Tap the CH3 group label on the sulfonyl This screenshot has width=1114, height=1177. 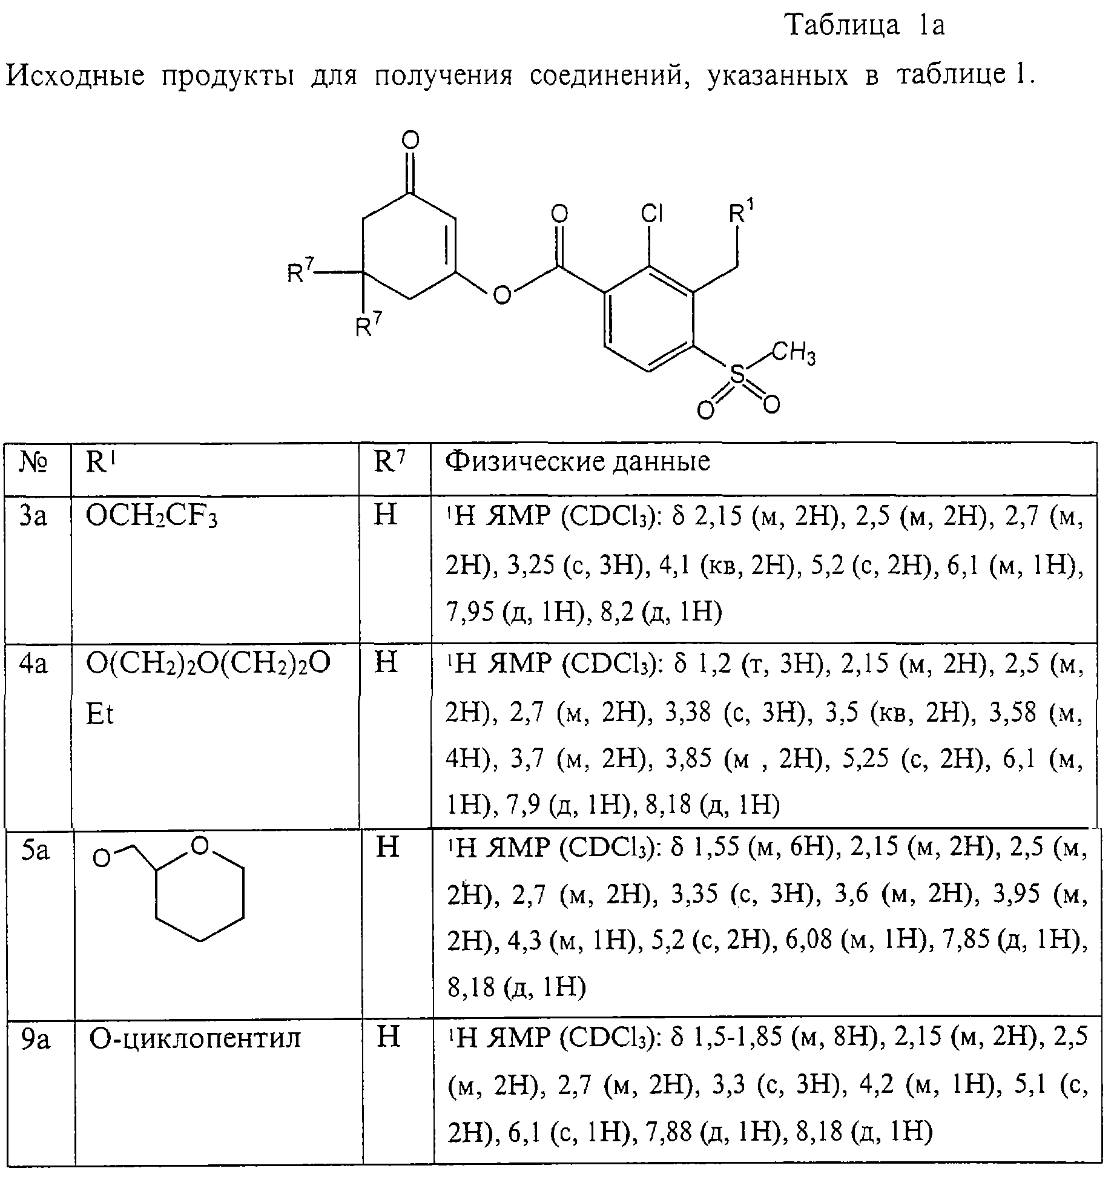tap(794, 354)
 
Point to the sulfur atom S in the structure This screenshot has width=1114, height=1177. tap(737, 375)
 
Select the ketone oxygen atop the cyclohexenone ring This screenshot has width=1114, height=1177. tap(410, 141)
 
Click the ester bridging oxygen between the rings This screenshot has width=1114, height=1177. tap(502, 295)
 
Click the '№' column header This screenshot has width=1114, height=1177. tap(35, 463)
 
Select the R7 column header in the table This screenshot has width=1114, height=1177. tap(390, 462)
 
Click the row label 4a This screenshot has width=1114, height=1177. tap(33, 664)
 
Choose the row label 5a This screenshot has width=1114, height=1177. tap(35, 850)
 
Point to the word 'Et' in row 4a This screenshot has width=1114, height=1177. tap(100, 714)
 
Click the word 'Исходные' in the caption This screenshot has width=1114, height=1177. tap(76, 76)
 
